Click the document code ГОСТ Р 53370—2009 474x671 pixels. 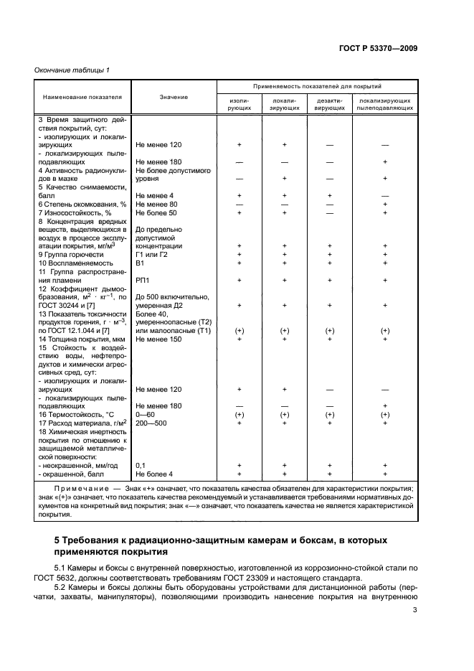pos(379,48)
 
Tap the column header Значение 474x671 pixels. pos(174,96)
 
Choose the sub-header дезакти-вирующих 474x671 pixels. pos(330,104)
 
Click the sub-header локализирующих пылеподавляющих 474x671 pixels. pos(385,104)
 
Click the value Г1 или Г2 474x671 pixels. pos(151,254)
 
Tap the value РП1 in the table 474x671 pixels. pos(143,281)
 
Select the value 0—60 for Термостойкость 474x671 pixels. pos(146,414)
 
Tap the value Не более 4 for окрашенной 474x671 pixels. pos(154,474)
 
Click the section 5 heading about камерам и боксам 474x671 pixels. pos(223,545)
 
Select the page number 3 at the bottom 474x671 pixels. pos(414,611)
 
